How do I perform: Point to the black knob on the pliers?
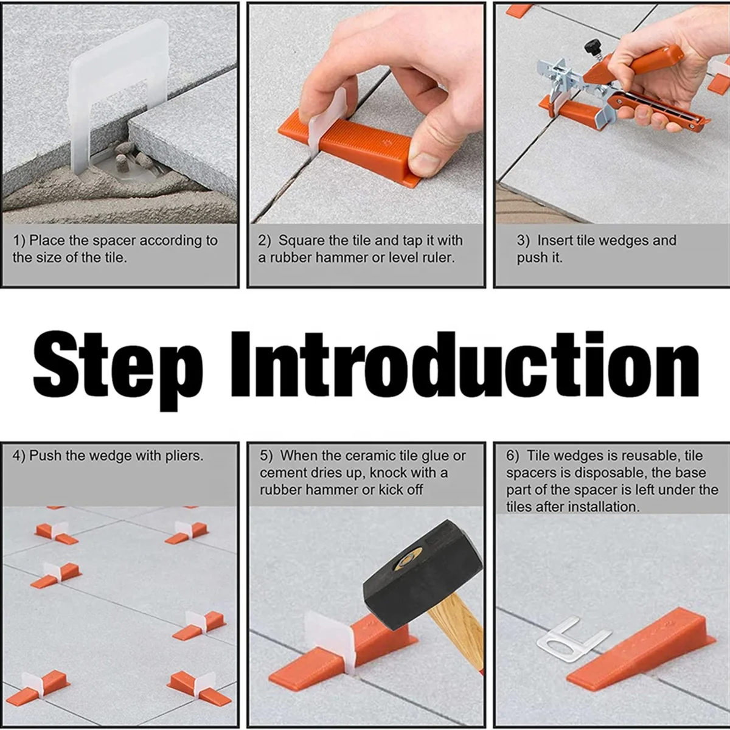pyautogui.click(x=591, y=46)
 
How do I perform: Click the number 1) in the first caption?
pyautogui.click(x=19, y=241)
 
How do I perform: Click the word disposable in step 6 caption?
pyautogui.click(x=610, y=473)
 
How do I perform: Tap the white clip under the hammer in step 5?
pyautogui.click(x=328, y=639)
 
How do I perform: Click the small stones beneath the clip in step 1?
pyautogui.click(x=131, y=159)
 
